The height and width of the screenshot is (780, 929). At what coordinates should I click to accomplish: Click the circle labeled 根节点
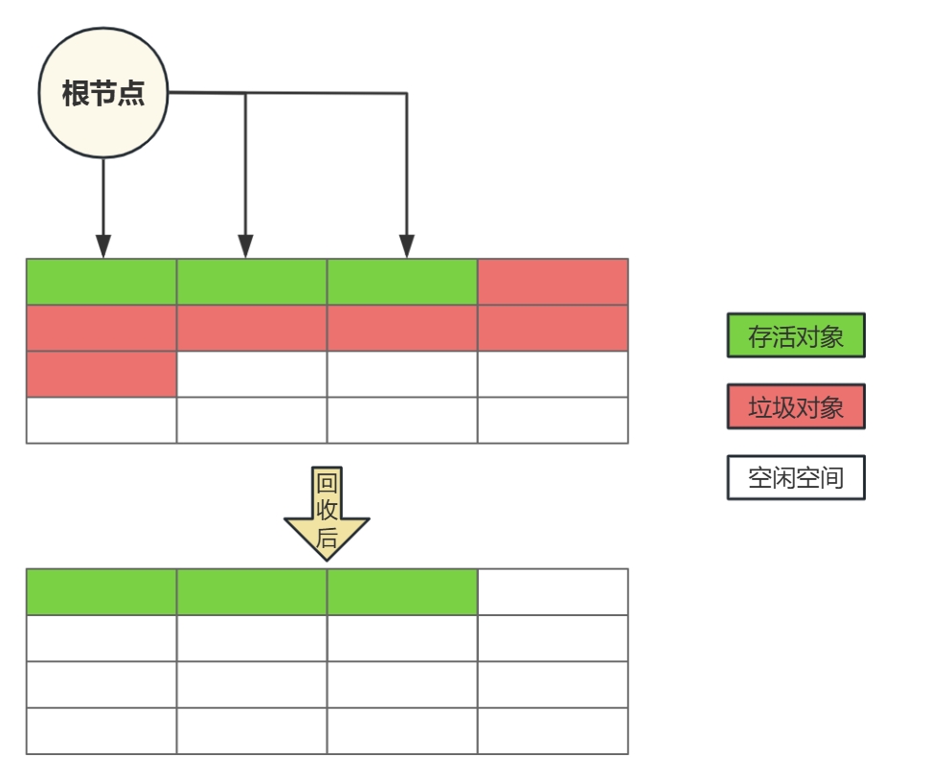(103, 93)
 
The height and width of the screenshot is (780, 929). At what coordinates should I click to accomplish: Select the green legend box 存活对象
(796, 336)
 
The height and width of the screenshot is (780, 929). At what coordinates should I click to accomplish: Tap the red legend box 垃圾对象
(796, 407)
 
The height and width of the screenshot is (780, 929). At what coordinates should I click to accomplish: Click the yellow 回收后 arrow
(327, 513)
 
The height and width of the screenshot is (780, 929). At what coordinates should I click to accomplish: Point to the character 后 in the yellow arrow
(327, 539)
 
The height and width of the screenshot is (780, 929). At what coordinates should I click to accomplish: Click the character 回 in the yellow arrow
(327, 483)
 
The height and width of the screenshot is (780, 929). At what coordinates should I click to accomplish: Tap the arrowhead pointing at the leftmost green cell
(103, 246)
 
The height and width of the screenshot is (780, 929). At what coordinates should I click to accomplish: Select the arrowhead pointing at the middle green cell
(245, 246)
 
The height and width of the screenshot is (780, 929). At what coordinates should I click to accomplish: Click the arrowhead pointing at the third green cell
(406, 246)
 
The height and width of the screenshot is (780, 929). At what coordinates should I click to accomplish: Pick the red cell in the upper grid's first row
(553, 282)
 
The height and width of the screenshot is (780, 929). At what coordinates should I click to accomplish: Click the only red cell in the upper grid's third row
(102, 374)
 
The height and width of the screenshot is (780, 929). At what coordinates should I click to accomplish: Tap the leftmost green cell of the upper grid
(102, 282)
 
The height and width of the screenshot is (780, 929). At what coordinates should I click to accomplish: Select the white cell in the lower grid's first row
(553, 592)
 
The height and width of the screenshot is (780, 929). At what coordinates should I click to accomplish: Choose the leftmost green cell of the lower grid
(102, 592)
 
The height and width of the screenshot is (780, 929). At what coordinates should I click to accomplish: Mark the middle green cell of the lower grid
(252, 592)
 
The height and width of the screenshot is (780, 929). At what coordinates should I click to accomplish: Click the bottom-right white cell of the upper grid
(553, 420)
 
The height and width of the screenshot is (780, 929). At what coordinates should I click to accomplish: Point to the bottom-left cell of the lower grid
(102, 731)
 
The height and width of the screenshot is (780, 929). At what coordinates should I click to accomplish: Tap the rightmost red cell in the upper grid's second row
(553, 328)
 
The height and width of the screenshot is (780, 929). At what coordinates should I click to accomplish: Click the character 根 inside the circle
(76, 94)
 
